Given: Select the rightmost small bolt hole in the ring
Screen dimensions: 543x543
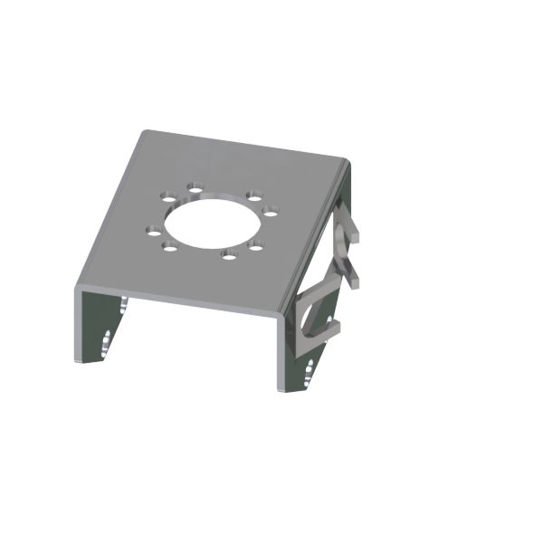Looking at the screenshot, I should coord(271,214).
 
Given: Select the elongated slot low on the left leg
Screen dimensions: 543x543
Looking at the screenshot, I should coord(108,341).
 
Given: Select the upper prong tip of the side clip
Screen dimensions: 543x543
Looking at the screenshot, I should coord(357,237).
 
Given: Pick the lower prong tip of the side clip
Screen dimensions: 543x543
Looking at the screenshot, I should coord(361,283).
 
